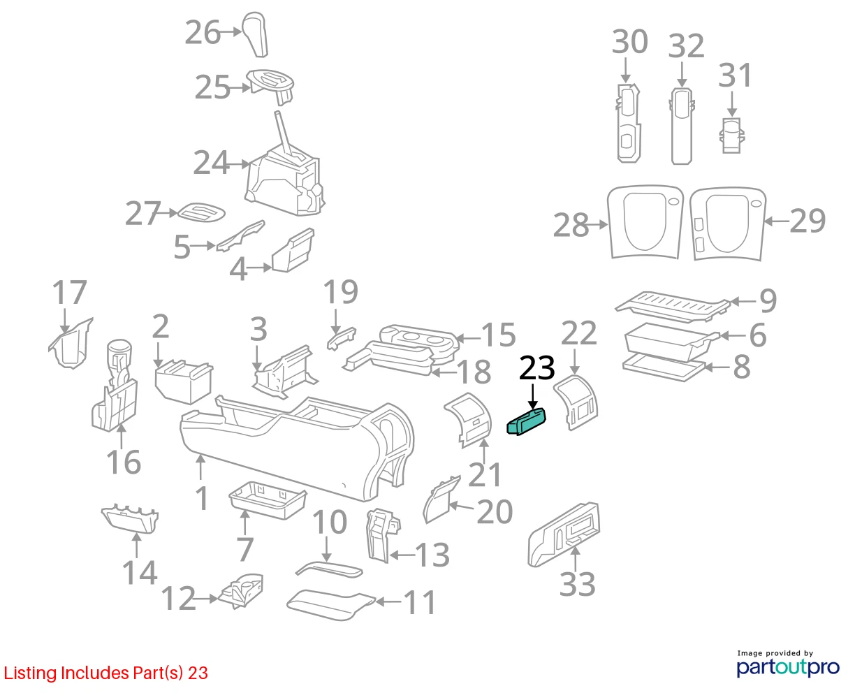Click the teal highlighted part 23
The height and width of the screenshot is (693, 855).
point(526,421)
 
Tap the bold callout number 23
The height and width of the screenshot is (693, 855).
point(536,367)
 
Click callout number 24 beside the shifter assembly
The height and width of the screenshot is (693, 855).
point(211,163)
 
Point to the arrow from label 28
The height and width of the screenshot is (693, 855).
point(598,225)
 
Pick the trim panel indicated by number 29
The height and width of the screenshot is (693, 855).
point(728,224)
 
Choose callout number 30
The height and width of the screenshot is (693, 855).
point(629,41)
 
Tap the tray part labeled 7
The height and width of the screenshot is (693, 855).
point(268,500)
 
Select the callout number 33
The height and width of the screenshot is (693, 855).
point(577,584)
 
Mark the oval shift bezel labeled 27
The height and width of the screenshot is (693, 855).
point(201,212)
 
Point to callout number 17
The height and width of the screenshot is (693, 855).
point(69,292)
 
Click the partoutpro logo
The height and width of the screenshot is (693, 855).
point(787,667)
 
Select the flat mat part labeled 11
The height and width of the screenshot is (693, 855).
point(331,605)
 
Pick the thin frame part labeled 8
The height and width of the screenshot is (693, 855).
point(663,367)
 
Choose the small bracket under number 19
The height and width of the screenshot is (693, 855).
point(342,338)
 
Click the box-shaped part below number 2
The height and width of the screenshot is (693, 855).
point(184,381)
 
